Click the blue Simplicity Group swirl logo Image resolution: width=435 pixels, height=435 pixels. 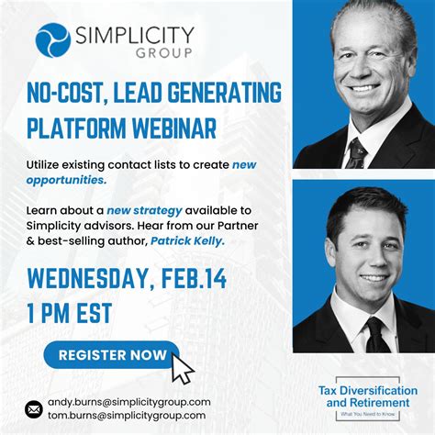53,40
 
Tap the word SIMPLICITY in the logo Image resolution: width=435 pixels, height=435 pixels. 135,35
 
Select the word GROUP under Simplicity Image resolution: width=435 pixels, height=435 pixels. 164,53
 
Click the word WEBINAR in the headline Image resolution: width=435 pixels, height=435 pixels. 174,128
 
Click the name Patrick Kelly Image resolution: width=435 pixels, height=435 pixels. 187,241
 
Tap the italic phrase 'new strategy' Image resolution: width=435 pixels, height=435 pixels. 144,210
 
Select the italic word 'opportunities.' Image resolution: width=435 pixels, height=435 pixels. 66,180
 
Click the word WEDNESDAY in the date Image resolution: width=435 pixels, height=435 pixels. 86,278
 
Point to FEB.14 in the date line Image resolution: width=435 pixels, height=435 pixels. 194,278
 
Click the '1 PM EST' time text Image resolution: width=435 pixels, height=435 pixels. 69,313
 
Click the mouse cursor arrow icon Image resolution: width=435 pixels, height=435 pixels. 182,369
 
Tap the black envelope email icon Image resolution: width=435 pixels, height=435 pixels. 34,409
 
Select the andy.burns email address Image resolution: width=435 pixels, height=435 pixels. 129,402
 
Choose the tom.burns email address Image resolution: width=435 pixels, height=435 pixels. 127,416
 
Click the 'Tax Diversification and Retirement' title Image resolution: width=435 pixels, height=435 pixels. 368,396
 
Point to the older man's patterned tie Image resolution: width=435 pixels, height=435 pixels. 357,154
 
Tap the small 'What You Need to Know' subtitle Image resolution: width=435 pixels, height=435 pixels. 368,414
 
